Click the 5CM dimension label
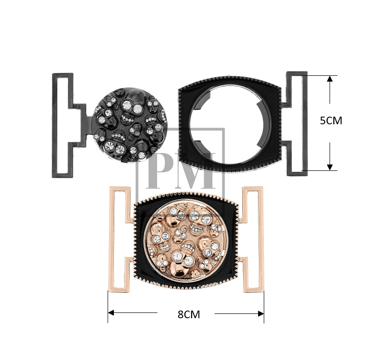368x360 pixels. (x=331, y=120)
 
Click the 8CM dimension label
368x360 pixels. (x=189, y=314)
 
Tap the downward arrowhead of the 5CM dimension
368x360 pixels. (x=330, y=167)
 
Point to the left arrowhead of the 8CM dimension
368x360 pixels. (x=111, y=312)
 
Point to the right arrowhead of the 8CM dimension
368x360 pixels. (x=261, y=313)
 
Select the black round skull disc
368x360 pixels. (x=129, y=125)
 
